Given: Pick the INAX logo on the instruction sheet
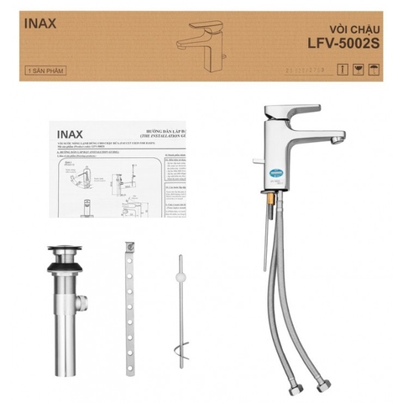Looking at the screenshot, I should (x=71, y=133).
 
